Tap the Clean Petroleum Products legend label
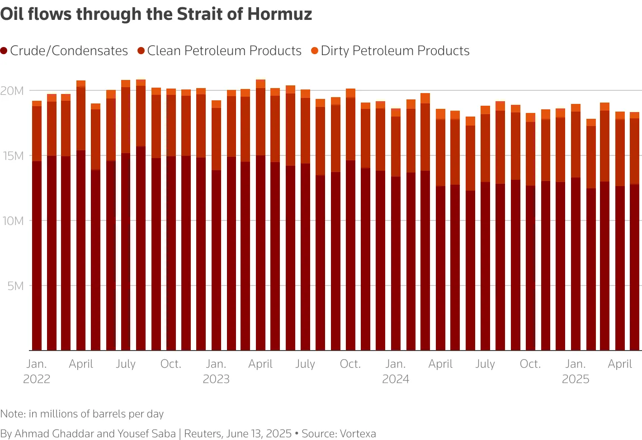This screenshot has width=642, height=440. click(x=224, y=51)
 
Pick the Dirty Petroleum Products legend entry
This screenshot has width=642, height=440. click(x=395, y=51)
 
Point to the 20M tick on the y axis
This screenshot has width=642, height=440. click(x=12, y=91)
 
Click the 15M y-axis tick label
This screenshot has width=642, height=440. click(x=12, y=156)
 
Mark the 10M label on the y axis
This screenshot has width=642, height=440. click(x=12, y=221)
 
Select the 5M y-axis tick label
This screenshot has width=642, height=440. click(x=15, y=286)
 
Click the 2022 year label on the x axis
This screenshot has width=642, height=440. click(x=37, y=379)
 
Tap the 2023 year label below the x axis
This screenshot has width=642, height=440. click(x=216, y=379)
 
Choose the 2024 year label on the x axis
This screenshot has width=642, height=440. click(x=396, y=379)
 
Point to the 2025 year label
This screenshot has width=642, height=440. click(x=575, y=379)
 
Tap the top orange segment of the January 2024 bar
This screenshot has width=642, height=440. click(x=396, y=112)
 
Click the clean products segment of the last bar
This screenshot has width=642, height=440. click(x=635, y=151)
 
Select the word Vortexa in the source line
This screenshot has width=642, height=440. click(x=358, y=434)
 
